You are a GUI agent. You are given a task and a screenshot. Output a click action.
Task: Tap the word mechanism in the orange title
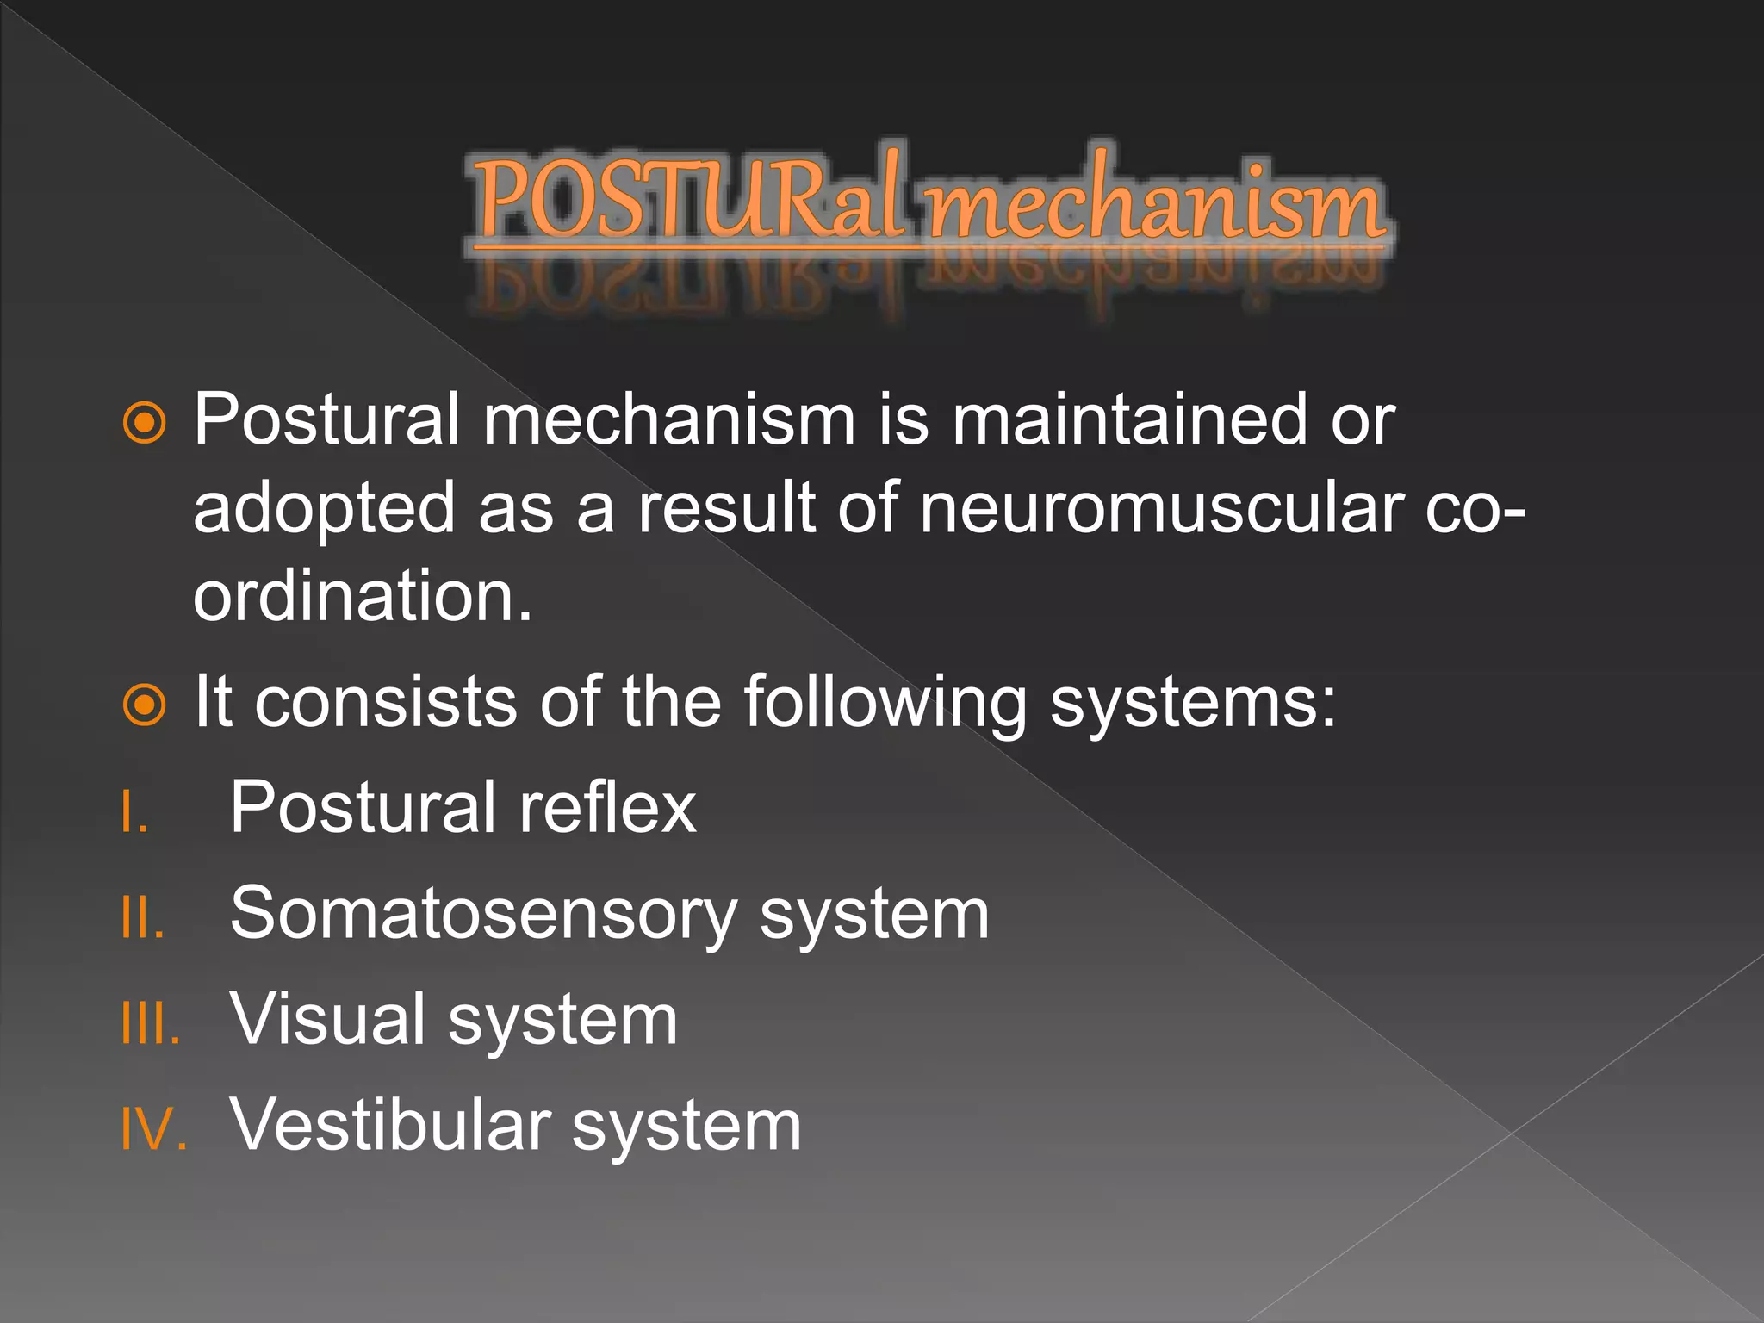tap(1155, 204)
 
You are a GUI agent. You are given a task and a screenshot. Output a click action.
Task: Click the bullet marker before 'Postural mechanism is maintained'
tap(144, 423)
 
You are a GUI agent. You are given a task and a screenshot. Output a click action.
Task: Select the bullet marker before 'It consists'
tap(144, 705)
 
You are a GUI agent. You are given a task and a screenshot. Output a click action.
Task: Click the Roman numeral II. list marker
tap(142, 917)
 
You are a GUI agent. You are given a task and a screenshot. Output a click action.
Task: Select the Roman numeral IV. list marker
tap(153, 1129)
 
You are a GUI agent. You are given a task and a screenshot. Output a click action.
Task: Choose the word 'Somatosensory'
tap(483, 916)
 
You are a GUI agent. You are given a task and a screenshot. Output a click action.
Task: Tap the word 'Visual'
tap(327, 1020)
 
